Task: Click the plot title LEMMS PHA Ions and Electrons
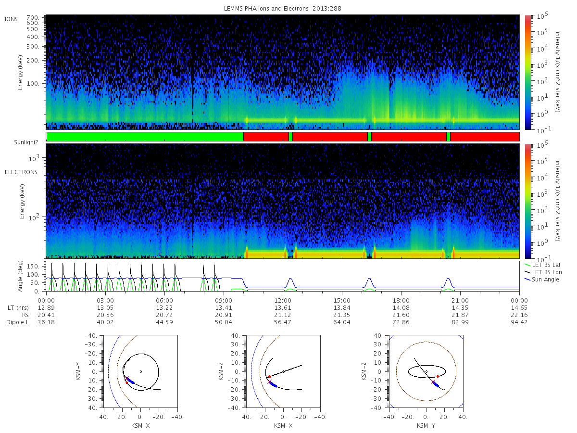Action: [266, 8]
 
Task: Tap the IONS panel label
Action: [12, 19]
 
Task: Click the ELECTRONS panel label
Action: [21, 172]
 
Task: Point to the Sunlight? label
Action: [26, 142]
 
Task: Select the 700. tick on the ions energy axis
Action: [33, 18]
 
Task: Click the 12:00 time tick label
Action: [283, 301]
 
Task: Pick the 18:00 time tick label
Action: [401, 301]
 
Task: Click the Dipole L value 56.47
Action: [283, 322]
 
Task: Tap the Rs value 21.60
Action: [401, 315]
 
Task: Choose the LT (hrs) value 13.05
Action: [105, 308]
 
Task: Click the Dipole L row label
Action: [17, 322]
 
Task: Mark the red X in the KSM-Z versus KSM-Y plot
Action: [433, 382]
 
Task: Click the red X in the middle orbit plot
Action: [269, 382]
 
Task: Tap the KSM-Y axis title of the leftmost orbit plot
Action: [78, 371]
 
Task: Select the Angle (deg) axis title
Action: [20, 276]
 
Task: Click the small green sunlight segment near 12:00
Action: [290, 137]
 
